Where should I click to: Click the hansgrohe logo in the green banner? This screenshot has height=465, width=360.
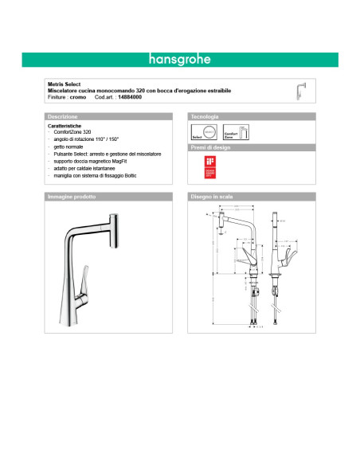179,59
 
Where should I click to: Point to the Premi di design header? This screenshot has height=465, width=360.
211,148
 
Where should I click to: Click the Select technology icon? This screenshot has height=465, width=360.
201,133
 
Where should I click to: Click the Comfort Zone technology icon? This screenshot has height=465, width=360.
230,133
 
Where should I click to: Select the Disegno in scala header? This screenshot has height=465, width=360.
210,196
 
